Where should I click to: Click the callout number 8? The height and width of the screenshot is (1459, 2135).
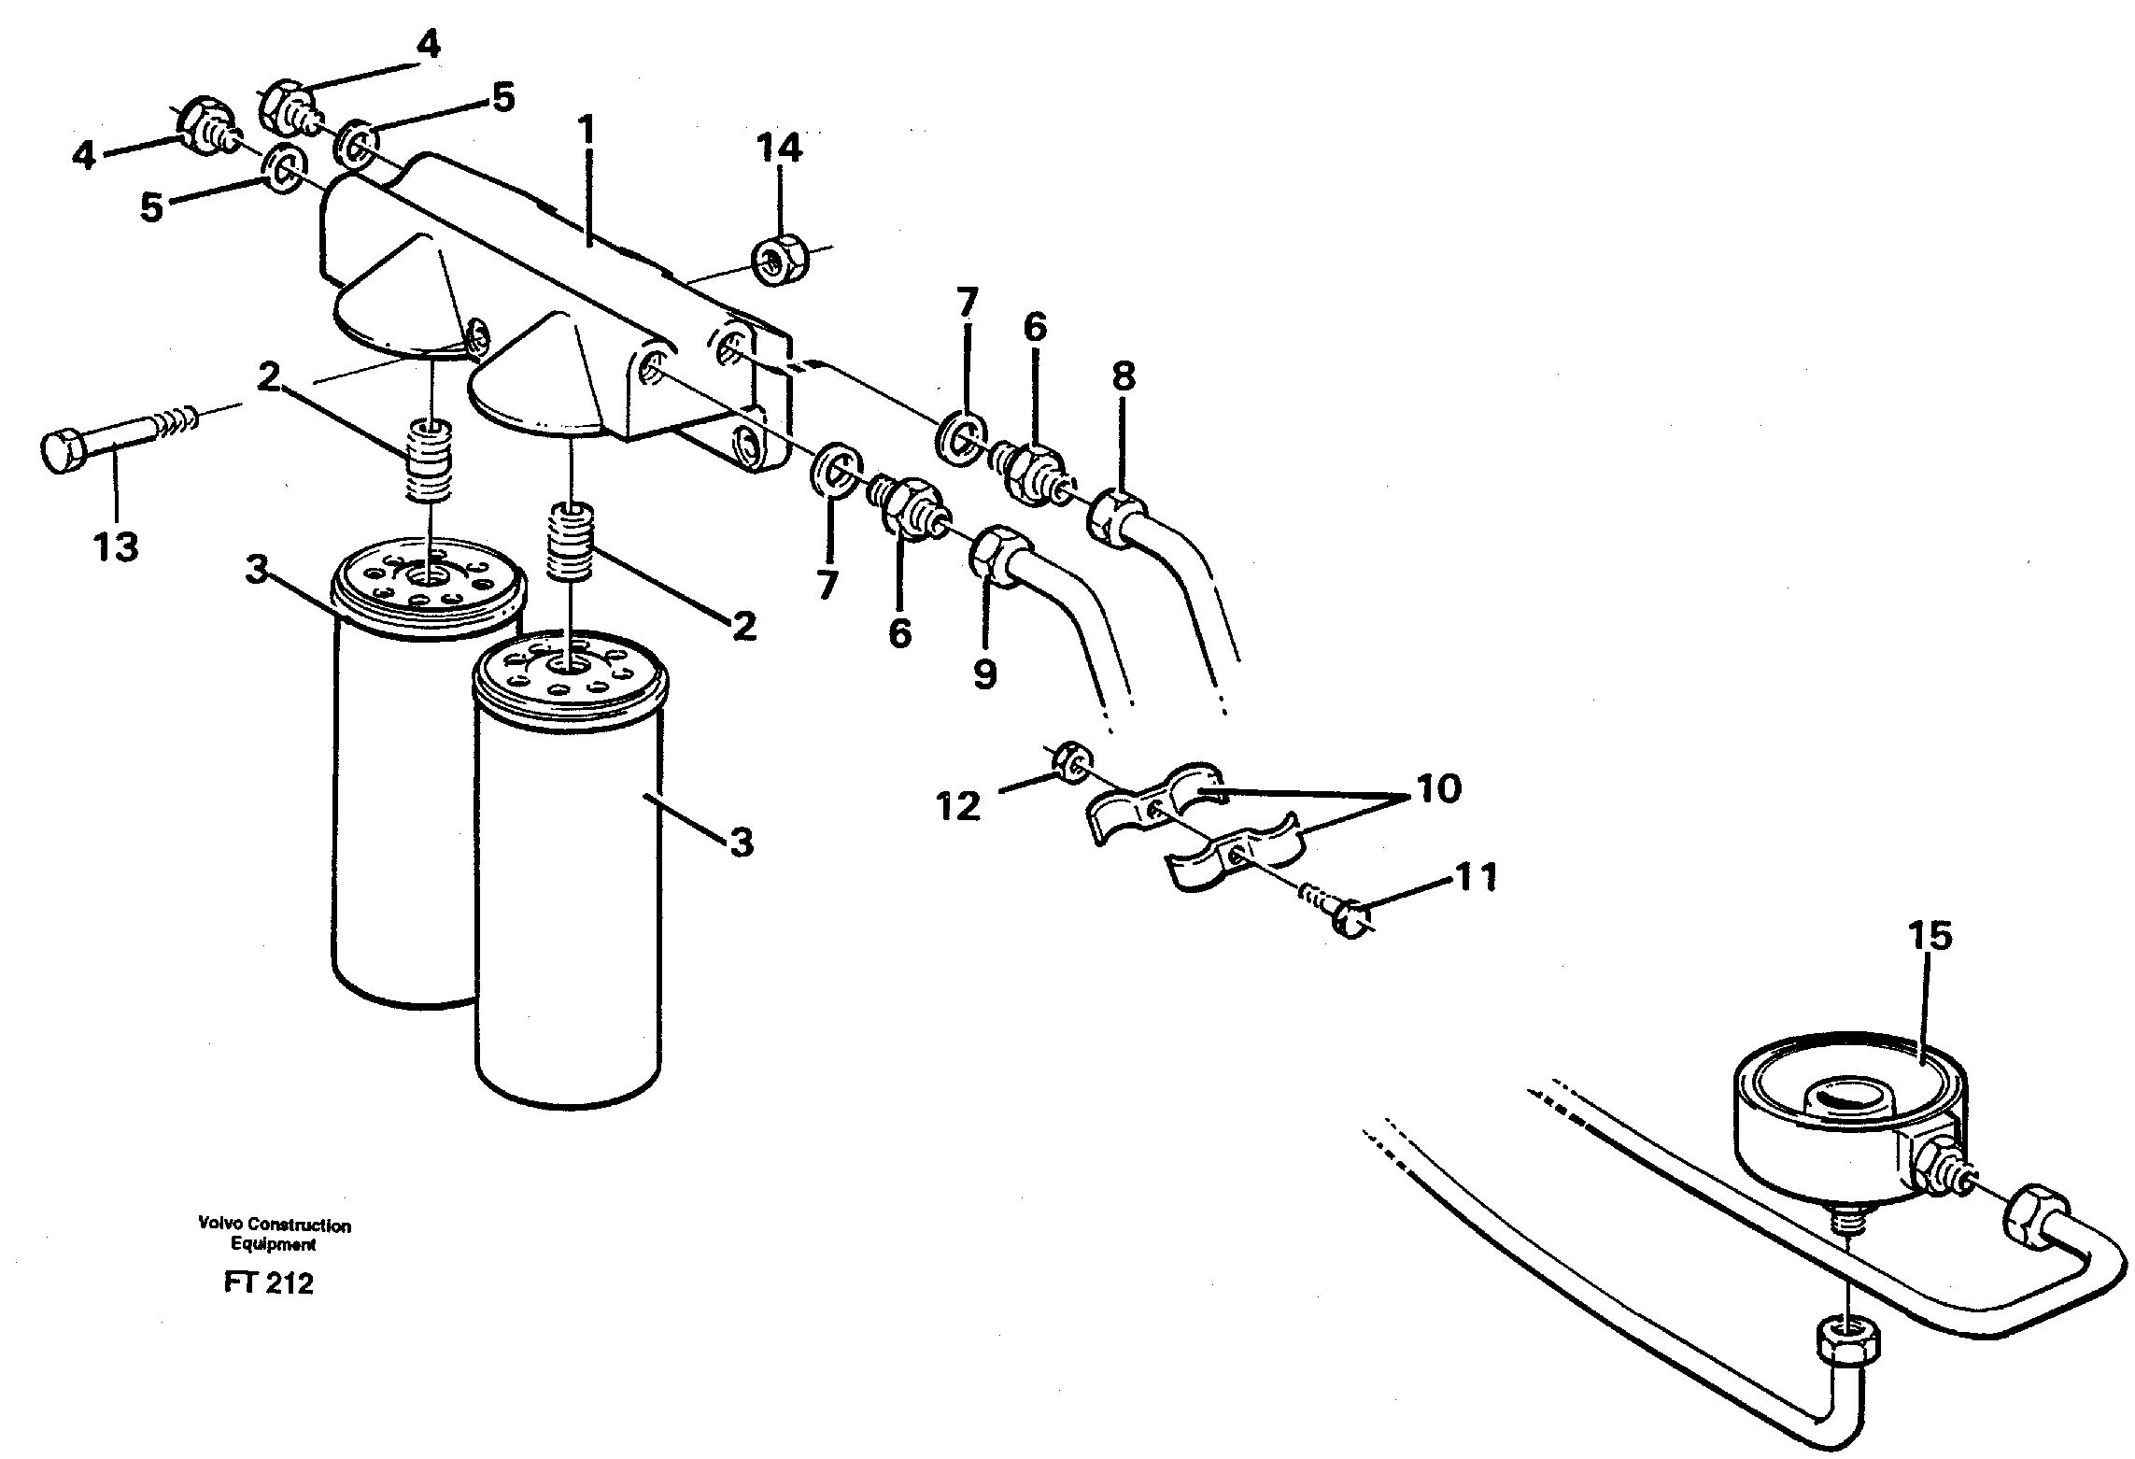point(1124,377)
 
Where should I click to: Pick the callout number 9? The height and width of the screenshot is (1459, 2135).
point(984,673)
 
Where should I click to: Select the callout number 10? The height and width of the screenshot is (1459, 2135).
point(1439,788)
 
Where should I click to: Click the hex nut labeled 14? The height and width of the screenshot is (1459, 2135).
point(780,259)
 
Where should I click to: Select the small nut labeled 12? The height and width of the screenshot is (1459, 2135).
point(1068,763)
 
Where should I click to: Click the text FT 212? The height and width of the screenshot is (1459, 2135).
point(268,1284)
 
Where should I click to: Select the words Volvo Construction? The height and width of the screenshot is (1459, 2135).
point(274,1225)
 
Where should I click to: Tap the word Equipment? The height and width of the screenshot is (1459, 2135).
point(274,1244)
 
